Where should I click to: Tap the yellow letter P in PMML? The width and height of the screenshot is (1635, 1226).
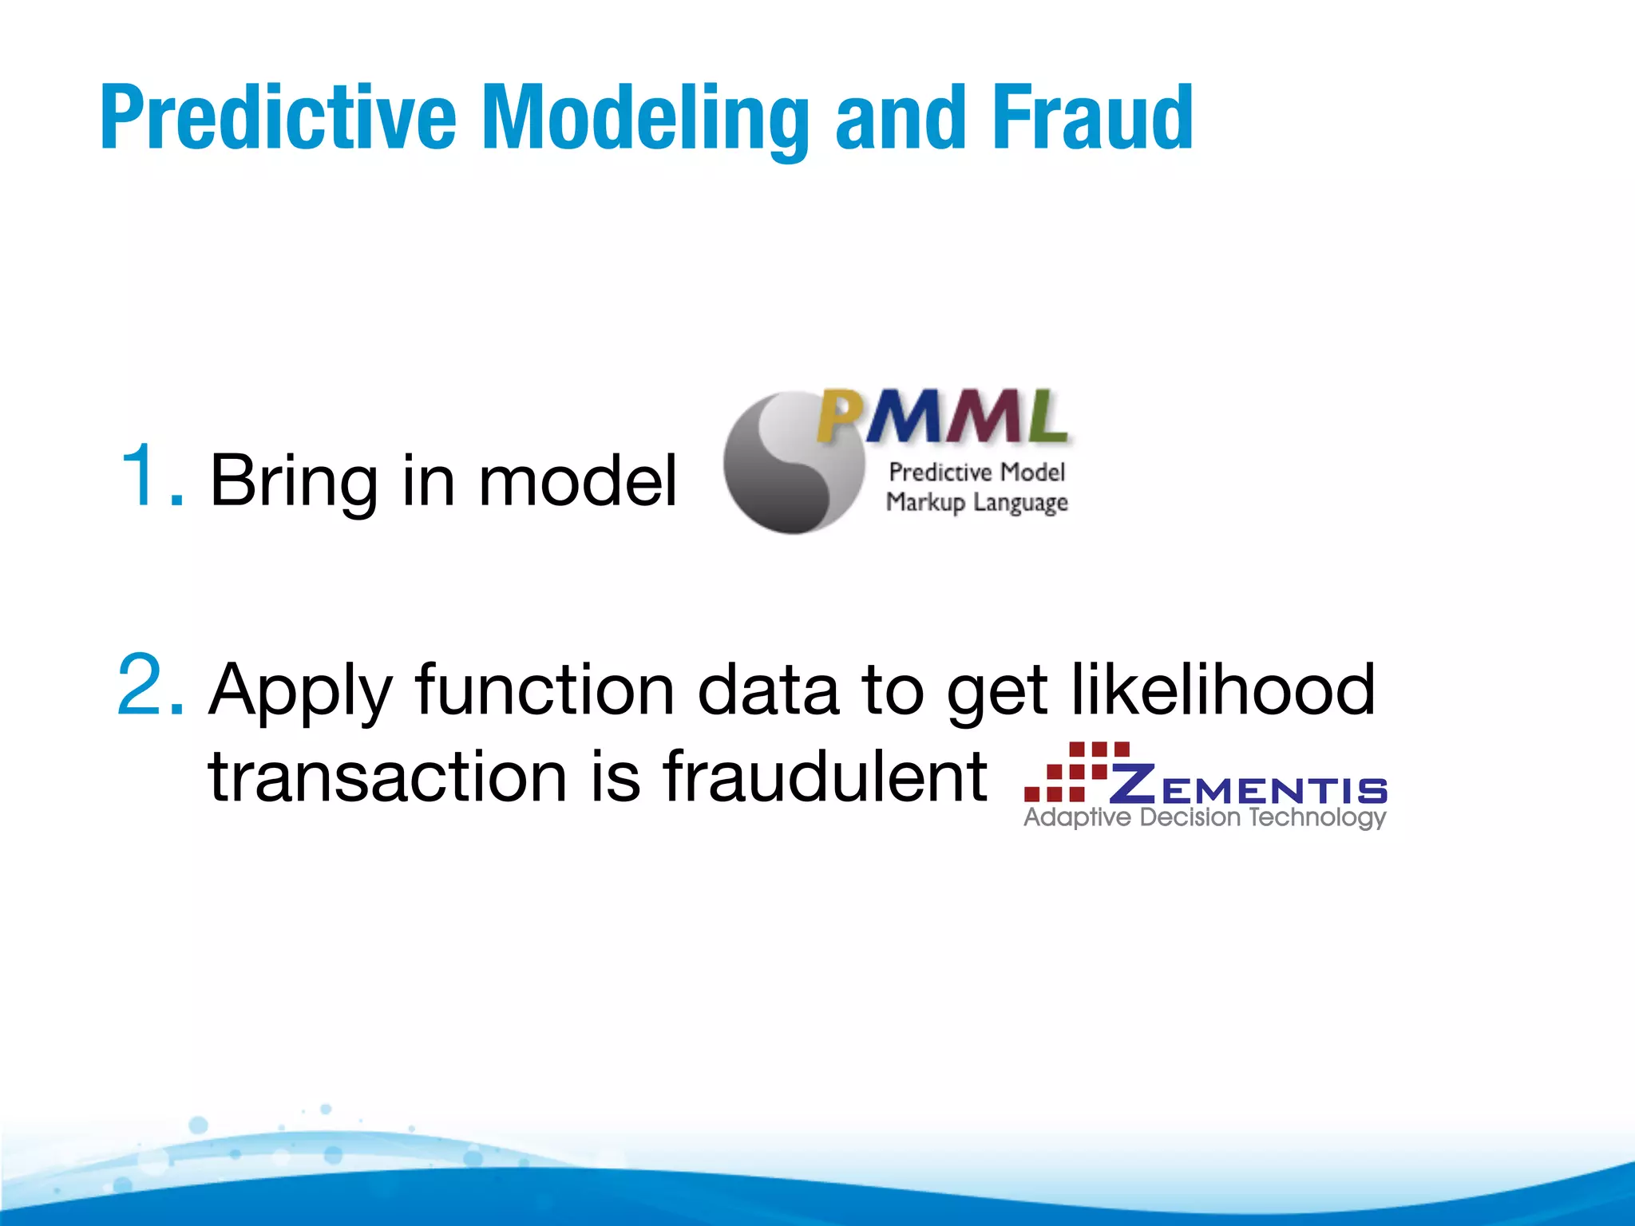[839, 417]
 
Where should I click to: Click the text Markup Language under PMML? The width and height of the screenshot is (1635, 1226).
[976, 503]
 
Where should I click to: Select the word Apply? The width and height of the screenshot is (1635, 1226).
[300, 691]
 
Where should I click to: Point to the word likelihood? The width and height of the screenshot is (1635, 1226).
[1222, 690]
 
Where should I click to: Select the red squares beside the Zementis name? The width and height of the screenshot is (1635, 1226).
[1074, 770]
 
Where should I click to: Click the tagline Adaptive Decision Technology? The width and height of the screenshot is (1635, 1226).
[1204, 818]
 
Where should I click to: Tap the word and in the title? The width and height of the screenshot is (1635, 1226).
[899, 120]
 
